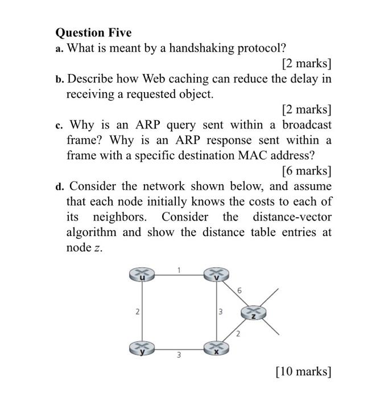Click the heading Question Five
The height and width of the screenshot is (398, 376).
click(93, 32)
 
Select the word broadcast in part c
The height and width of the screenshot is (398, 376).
click(307, 124)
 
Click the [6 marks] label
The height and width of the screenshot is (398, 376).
click(306, 170)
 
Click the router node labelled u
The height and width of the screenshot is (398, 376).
click(142, 275)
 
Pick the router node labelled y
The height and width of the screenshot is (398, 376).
click(142, 347)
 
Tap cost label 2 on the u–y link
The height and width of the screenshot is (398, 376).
click(137, 311)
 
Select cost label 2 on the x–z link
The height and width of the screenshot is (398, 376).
click(238, 334)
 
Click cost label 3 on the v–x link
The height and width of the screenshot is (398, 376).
click(221, 311)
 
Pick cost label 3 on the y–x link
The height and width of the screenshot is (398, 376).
click(178, 355)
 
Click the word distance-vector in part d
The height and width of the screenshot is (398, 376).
click(292, 217)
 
